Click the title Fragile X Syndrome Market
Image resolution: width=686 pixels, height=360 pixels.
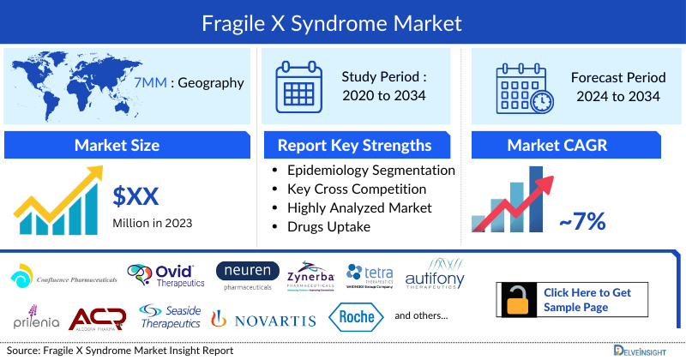pyautogui.click(x=343, y=21)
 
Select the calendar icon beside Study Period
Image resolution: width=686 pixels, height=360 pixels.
pyautogui.click(x=299, y=86)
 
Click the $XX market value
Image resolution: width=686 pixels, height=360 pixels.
pyautogui.click(x=135, y=196)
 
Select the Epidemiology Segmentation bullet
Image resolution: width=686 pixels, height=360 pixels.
pyautogui.click(x=370, y=171)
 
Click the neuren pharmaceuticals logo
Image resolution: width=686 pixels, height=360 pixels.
pyautogui.click(x=248, y=276)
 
